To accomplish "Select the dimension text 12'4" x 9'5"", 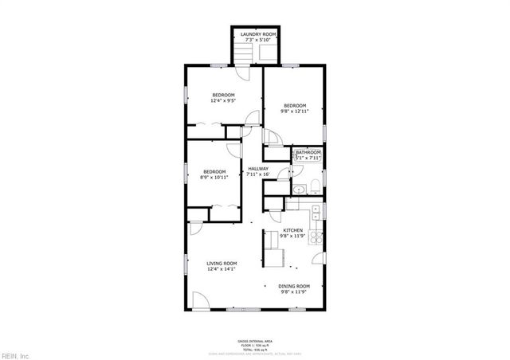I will [223, 101].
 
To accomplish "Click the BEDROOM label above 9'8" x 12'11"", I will [295, 106].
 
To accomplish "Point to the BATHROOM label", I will [308, 152].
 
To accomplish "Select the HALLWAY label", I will [258, 169].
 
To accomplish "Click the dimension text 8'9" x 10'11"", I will [214, 177].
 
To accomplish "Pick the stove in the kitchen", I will [317, 237].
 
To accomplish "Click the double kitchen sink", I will [317, 211].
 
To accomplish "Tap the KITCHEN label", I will [293, 230].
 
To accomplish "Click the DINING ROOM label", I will [294, 286].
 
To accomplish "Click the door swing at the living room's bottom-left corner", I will [199, 301].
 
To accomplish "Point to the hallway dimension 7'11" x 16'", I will [258, 174].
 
